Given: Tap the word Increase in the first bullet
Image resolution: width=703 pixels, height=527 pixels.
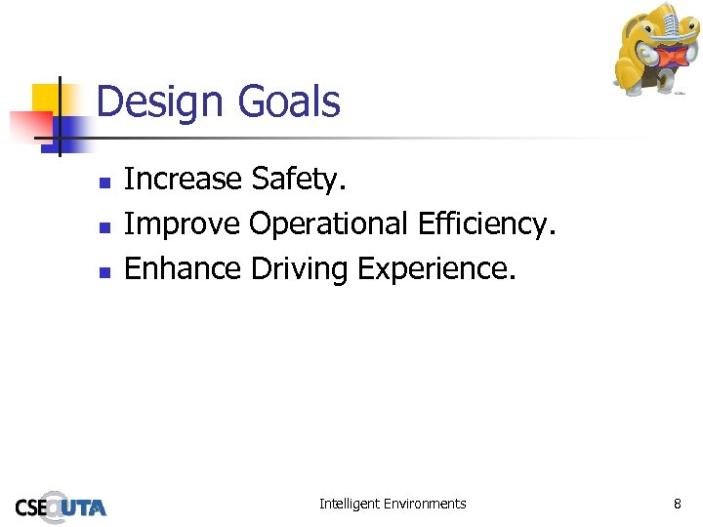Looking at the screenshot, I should (183, 179).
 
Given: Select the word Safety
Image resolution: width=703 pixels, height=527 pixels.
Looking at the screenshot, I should (299, 180).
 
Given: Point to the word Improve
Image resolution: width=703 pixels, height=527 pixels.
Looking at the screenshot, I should (182, 224).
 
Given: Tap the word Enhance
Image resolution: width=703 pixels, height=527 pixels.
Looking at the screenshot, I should (183, 268).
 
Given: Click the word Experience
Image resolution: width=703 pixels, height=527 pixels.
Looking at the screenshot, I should (435, 269).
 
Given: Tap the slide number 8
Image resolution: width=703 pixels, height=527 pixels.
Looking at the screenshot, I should (677, 504).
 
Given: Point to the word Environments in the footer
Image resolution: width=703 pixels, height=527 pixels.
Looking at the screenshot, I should (427, 504).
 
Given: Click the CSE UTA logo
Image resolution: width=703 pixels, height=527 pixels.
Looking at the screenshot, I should (61, 507).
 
